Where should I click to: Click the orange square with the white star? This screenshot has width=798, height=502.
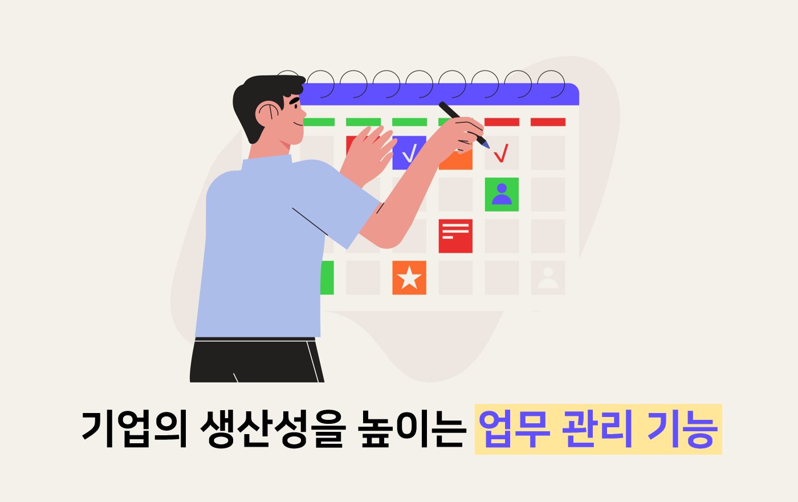[409, 278]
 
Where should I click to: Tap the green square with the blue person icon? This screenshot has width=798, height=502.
[502, 195]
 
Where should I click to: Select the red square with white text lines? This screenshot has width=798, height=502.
[455, 236]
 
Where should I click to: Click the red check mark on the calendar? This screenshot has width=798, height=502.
[501, 153]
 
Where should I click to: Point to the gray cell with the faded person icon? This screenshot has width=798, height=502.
[548, 278]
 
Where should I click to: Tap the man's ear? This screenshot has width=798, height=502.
[267, 113]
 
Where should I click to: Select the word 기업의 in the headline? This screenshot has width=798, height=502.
[134, 429]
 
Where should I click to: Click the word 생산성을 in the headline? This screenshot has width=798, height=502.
[272, 429]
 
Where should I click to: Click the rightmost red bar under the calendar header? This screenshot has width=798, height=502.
[548, 122]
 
